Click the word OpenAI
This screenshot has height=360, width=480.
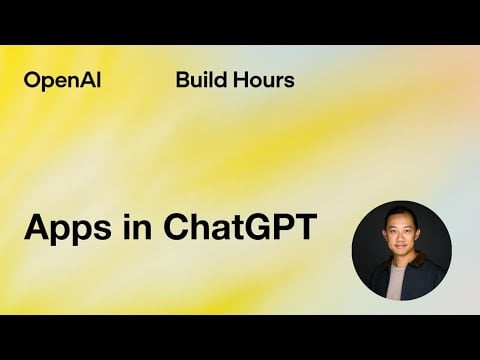[57, 80]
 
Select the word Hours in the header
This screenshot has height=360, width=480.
[262, 80]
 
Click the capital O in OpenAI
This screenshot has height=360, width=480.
[32, 80]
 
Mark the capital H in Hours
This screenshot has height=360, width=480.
[239, 80]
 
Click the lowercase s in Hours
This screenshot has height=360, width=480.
[289, 80]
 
